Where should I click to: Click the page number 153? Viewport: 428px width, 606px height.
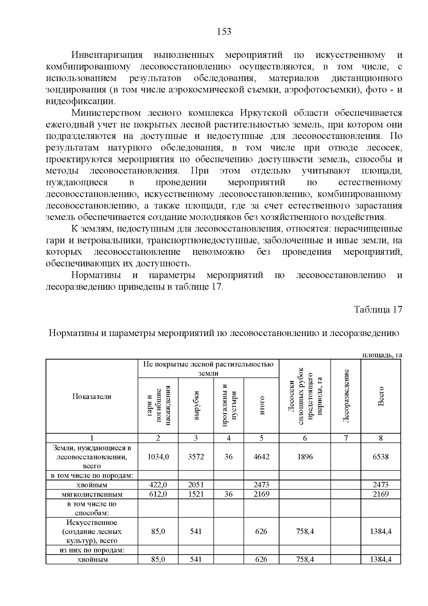[x=224, y=32]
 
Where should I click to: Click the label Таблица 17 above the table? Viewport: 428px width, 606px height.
[x=378, y=310]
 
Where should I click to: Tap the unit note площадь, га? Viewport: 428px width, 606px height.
[x=382, y=355]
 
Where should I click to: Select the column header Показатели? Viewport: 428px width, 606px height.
[x=92, y=396]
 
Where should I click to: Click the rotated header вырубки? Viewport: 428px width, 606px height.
[x=196, y=405]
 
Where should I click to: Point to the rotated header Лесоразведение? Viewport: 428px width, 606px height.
[x=346, y=396]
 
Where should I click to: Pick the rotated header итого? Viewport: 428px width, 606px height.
[x=261, y=405]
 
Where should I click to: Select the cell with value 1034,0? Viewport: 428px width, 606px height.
[x=158, y=457]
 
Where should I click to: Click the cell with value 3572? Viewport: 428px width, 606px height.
[x=196, y=457]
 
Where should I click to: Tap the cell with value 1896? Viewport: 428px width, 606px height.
[x=305, y=457]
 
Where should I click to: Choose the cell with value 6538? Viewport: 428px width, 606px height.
[x=381, y=457]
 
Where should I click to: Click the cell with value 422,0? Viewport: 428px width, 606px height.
[x=158, y=485]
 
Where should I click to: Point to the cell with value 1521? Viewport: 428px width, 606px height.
[x=196, y=494]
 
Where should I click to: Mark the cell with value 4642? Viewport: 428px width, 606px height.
[x=261, y=457]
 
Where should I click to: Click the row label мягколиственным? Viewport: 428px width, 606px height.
[x=92, y=495]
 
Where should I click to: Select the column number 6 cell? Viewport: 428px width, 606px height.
[x=305, y=438]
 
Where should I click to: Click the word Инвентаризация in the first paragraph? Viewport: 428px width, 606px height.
[x=107, y=55]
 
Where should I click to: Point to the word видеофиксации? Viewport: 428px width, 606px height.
[x=81, y=101]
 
